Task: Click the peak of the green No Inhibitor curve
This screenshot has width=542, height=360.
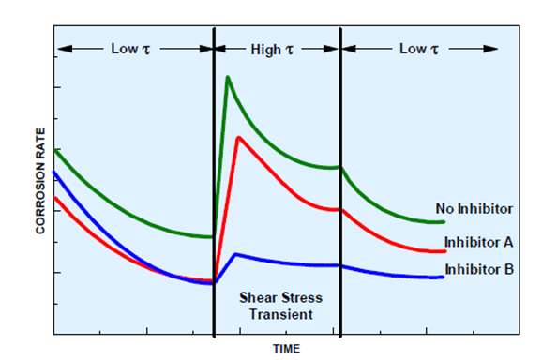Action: (227, 77)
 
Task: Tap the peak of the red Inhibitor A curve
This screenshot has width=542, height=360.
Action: (239, 138)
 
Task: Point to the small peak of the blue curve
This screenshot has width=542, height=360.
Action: (236, 254)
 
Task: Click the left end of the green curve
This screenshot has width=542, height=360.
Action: (57, 150)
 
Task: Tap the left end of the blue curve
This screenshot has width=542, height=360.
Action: (57, 172)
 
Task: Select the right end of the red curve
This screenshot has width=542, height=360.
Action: (444, 251)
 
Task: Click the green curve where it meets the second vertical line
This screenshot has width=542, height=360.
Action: (339, 168)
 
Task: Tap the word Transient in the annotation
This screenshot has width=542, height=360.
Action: (276, 314)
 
